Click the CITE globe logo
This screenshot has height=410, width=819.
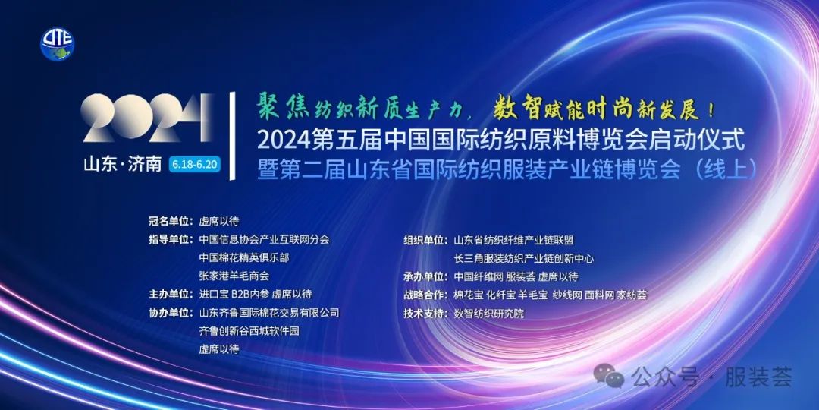pyautogui.click(x=58, y=44)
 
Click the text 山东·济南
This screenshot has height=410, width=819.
pyautogui.click(x=123, y=164)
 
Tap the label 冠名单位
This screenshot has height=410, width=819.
pyautogui.click(x=170, y=221)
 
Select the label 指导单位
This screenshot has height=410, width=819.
pyautogui.click(x=170, y=240)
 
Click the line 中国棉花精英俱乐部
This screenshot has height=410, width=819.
pyautogui.click(x=244, y=258)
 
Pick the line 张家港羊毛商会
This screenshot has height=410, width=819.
pyautogui.click(x=234, y=276)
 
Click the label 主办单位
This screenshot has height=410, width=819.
pyautogui.click(x=170, y=295)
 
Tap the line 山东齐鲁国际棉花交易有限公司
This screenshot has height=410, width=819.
pyautogui.click(x=269, y=313)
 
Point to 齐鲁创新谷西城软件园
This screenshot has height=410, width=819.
pyautogui.click(x=249, y=331)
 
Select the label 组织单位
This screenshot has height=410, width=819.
pyautogui.click(x=425, y=240)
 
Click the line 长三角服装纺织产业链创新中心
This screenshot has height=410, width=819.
pyautogui.click(x=524, y=258)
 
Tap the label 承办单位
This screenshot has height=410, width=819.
pyautogui.click(x=425, y=276)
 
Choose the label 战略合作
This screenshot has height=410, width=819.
pyautogui.click(x=425, y=295)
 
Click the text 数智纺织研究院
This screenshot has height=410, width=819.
pyautogui.click(x=489, y=314)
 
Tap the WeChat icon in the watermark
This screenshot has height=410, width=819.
pyautogui.click(x=608, y=377)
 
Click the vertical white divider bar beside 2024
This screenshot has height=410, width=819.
pyautogui.click(x=233, y=136)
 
